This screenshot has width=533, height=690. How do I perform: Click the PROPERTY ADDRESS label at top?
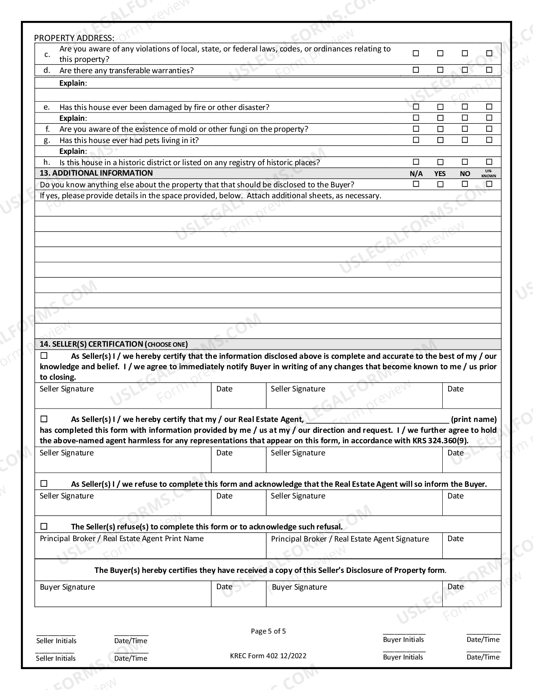pyautogui.click(x=74, y=38)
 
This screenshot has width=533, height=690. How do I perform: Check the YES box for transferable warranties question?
pyautogui.click(x=440, y=70)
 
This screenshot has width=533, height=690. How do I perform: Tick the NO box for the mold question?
pyautogui.click(x=464, y=129)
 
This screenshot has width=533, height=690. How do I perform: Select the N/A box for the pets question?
pyautogui.click(x=416, y=140)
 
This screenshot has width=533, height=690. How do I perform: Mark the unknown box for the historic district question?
pyautogui.click(x=489, y=162)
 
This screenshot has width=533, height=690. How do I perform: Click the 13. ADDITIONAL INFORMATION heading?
pyautogui.click(x=96, y=173)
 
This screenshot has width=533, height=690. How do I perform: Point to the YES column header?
pyautogui.click(x=440, y=174)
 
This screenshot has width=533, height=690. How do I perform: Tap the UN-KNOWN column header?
pyautogui.click(x=489, y=174)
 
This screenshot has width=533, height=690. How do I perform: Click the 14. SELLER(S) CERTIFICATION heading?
pyautogui.click(x=114, y=344)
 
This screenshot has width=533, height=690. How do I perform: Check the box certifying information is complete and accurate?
pyautogui.click(x=44, y=356)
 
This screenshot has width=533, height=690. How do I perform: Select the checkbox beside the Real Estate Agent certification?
pyautogui.click(x=44, y=419)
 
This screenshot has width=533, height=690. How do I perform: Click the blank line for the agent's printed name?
pyautogui.click(x=377, y=420)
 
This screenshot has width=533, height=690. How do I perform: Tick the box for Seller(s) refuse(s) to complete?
pyautogui.click(x=44, y=526)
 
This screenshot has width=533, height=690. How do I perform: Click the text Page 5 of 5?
pyautogui.click(x=268, y=631)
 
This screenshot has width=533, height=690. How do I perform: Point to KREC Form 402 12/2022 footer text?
pyautogui.click(x=268, y=656)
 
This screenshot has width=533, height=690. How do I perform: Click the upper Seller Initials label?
pyautogui.click(x=56, y=641)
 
